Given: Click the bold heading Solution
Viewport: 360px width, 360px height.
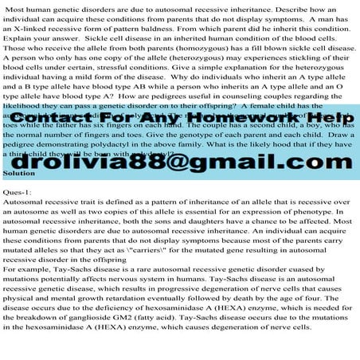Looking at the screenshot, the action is pyautogui.click(x=19, y=172).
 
